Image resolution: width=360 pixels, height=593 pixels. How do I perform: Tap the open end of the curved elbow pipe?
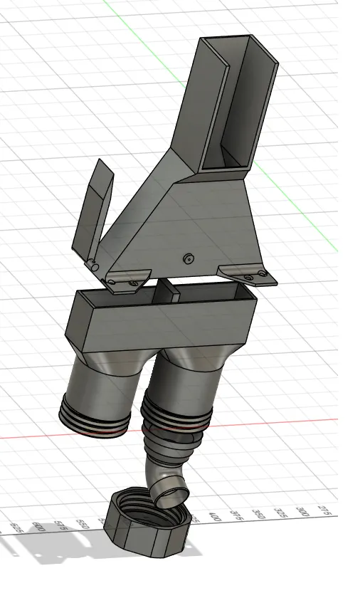click(171, 490)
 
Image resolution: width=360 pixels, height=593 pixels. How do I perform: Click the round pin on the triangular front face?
click(189, 258)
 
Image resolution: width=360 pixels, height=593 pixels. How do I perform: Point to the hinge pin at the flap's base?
click(93, 266)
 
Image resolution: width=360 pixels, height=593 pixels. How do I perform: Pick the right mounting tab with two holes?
click(245, 274)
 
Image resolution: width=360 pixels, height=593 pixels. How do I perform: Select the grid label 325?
click(282, 513)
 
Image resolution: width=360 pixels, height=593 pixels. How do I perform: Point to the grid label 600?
click(39, 528)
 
